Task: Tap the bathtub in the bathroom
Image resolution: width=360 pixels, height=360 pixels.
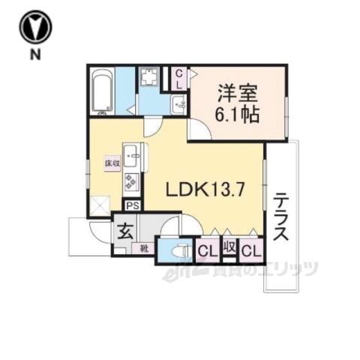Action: click(101, 91)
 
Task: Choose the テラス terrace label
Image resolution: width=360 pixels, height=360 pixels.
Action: click(280, 217)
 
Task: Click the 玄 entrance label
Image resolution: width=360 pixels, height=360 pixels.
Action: click(124, 230)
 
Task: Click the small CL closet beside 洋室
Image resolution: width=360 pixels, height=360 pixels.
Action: click(179, 78)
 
